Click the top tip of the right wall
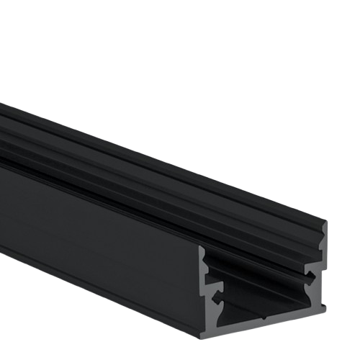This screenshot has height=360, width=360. [x=324, y=225]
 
